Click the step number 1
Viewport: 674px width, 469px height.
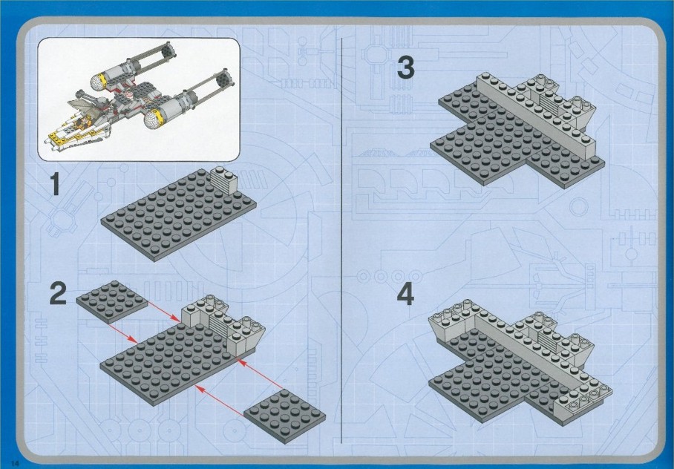[x=55, y=183]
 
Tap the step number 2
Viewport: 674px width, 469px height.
[x=59, y=293]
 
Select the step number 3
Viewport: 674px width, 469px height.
[x=406, y=68]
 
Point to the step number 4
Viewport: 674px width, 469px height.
[x=405, y=295]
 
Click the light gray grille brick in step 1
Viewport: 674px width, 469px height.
[x=225, y=180]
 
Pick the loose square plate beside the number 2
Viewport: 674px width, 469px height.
[x=112, y=301]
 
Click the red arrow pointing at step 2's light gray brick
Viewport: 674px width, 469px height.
[x=164, y=312]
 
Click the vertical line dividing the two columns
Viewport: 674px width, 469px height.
[x=341, y=240]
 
